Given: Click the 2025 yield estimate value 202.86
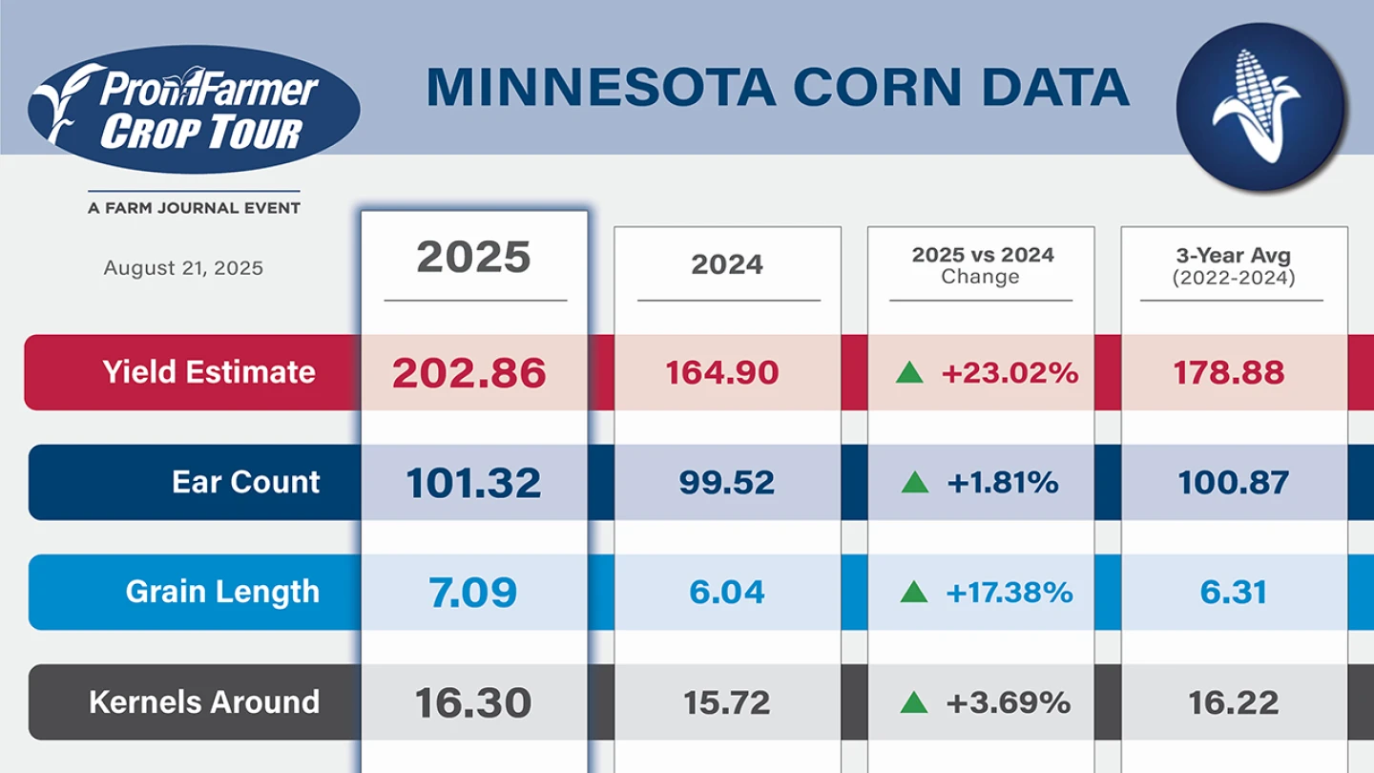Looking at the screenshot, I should [x=468, y=373].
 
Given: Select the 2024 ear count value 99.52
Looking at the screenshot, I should [x=727, y=483].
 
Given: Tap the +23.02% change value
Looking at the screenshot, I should [x=1010, y=373].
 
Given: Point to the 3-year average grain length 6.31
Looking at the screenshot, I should [x=1234, y=593].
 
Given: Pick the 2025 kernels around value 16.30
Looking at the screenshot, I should [x=473, y=703].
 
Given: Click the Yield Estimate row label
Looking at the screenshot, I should [x=209, y=371].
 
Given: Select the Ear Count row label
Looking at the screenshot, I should [x=246, y=482].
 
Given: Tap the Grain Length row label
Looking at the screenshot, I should [x=222, y=592].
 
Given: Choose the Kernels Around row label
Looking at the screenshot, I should [x=204, y=702].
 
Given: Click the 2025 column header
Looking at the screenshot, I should [x=473, y=258].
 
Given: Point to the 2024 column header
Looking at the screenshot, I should [x=727, y=264].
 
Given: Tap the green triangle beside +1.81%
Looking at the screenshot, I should [x=914, y=483].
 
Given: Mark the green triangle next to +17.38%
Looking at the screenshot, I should [x=913, y=593].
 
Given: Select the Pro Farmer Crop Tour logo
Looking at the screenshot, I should [x=194, y=109].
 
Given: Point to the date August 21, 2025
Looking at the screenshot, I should [x=183, y=268].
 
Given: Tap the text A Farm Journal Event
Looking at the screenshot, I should [x=194, y=208].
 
